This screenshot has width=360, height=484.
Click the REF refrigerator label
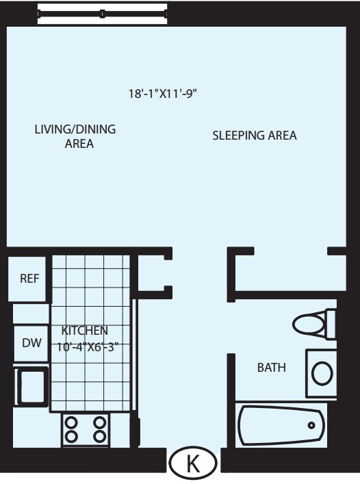pyautogui.click(x=29, y=279)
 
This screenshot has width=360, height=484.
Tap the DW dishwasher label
pyautogui.click(x=31, y=343)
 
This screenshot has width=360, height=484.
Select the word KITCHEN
pyautogui.click(x=84, y=331)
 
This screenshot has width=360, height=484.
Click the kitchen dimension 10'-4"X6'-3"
pyautogui.click(x=88, y=347)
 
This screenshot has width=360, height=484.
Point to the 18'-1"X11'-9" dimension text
pyautogui.click(x=163, y=93)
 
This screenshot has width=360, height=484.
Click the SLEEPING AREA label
pyautogui.click(x=255, y=136)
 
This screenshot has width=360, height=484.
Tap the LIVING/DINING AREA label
pyautogui.click(x=75, y=136)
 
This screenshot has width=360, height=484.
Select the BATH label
pyautogui.click(x=272, y=368)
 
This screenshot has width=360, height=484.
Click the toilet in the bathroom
pyautogui.click(x=313, y=324)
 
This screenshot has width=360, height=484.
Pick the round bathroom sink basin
pyautogui.click(x=322, y=374)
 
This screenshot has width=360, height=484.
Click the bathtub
pyautogui.click(x=282, y=425)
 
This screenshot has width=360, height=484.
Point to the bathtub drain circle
pyautogui.click(x=311, y=425)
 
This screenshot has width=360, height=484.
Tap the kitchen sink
pyautogui.click(x=31, y=387)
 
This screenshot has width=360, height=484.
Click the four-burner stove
pyautogui.click(x=86, y=429)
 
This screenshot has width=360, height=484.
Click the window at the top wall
pyautogui.click(x=103, y=14)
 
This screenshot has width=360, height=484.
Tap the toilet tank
pyautogui.click(x=331, y=324)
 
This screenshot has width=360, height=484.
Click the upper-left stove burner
pyautogui.click(x=72, y=422)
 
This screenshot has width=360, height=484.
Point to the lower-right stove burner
pyautogui.click(x=100, y=437)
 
